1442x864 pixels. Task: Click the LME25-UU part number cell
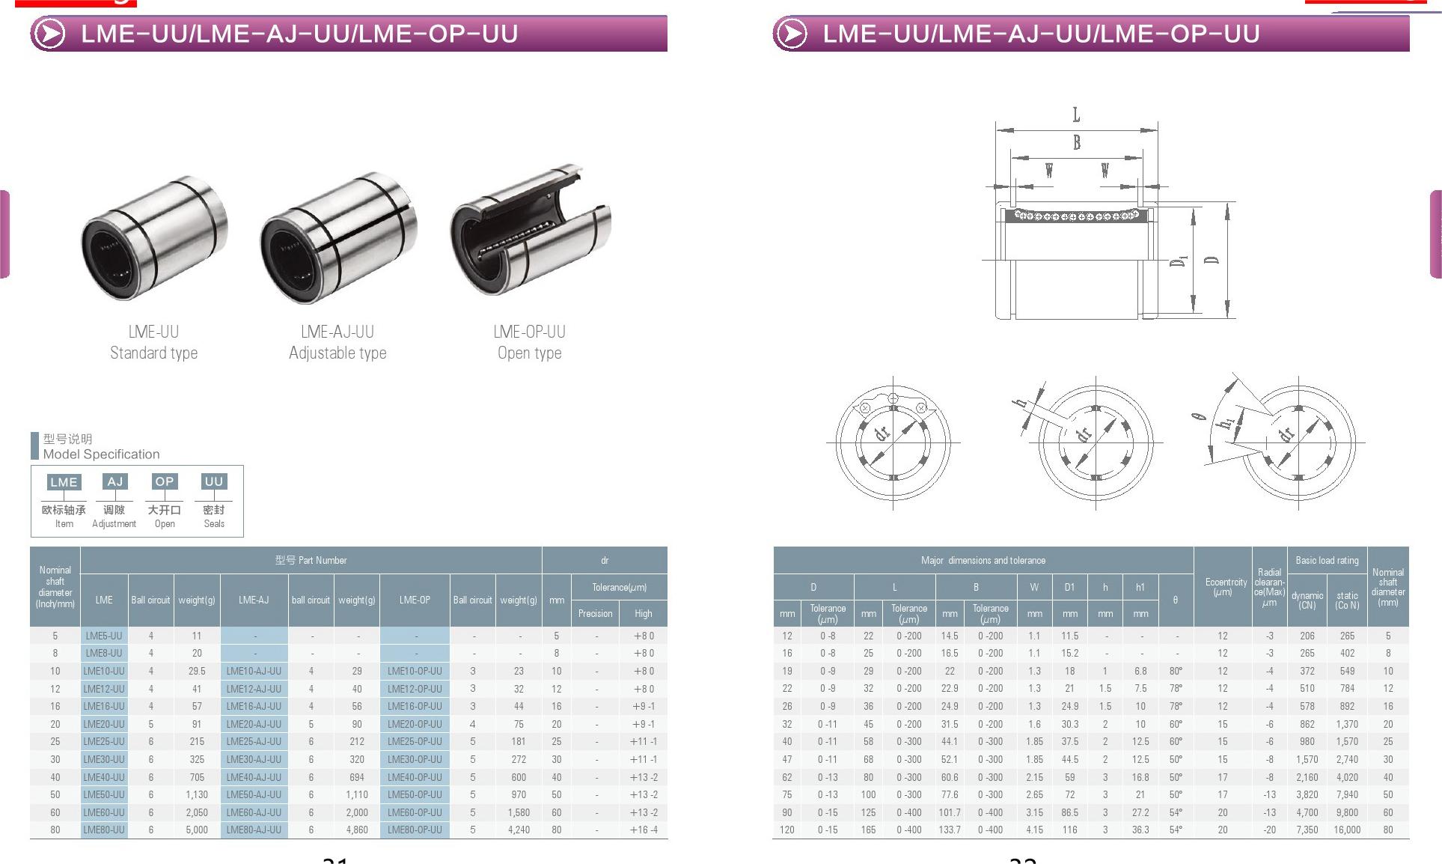(x=104, y=741)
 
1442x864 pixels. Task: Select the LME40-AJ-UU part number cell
(x=254, y=777)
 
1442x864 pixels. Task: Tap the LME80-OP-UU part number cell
(x=415, y=830)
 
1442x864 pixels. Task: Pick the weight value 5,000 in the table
(x=197, y=830)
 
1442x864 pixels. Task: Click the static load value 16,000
(x=1347, y=830)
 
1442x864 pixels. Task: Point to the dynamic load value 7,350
(x=1307, y=830)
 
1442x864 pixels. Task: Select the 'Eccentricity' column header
(x=1226, y=587)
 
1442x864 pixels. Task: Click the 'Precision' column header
(x=595, y=613)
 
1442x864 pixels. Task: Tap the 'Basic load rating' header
(x=1327, y=560)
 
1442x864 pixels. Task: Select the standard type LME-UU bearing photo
(x=154, y=238)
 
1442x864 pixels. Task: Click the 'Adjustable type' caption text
(x=337, y=353)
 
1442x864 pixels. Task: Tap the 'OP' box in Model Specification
(x=164, y=481)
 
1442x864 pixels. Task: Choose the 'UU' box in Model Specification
(x=214, y=481)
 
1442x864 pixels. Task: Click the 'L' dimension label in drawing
(x=1076, y=115)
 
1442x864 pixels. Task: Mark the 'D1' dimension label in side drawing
(x=1179, y=261)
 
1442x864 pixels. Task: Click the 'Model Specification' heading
(x=101, y=454)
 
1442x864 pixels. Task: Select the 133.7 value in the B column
(x=950, y=830)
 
